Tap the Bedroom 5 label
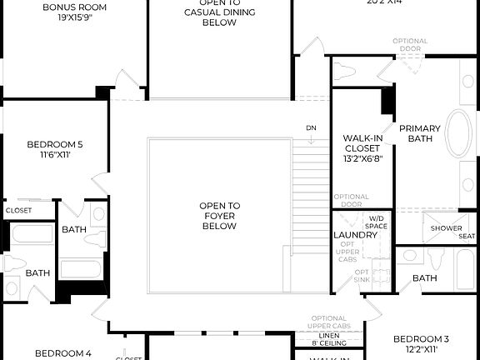[x=54, y=148]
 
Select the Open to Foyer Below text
[x=219, y=216]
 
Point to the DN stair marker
[x=312, y=127]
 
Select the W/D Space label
[x=377, y=222]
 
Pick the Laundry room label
[x=355, y=235]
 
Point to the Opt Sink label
[x=362, y=277]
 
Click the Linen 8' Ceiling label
[x=328, y=338]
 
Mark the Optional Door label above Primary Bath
[x=409, y=44]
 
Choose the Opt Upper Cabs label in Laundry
[x=348, y=252]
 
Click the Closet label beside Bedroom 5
[x=18, y=211]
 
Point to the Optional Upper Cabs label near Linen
[x=330, y=322]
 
